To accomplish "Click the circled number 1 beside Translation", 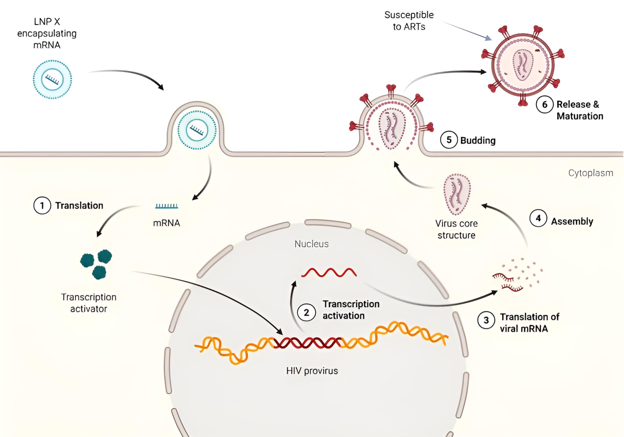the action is coord(42,205).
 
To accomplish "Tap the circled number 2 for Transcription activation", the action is coord(307,312).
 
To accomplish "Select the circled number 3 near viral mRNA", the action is coord(486,320).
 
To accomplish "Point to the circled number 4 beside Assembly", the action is coord(538,218).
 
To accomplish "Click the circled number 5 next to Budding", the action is coord(449,140).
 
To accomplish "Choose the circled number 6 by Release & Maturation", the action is coord(545,105).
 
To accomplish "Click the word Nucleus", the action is coord(311,244).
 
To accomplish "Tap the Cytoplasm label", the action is coord(591,173).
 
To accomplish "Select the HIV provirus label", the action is coord(312,371).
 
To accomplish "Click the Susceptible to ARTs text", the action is coord(409,21).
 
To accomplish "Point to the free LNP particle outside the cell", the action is coord(52,79).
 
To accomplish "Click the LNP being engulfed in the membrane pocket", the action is coord(197,130).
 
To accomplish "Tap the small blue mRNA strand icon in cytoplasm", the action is coord(167,206).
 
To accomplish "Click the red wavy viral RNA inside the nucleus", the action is coord(329,272).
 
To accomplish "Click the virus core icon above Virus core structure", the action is coord(457,194).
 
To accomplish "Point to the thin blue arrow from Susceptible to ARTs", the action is coord(467,31).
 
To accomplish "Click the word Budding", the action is coord(478,140).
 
